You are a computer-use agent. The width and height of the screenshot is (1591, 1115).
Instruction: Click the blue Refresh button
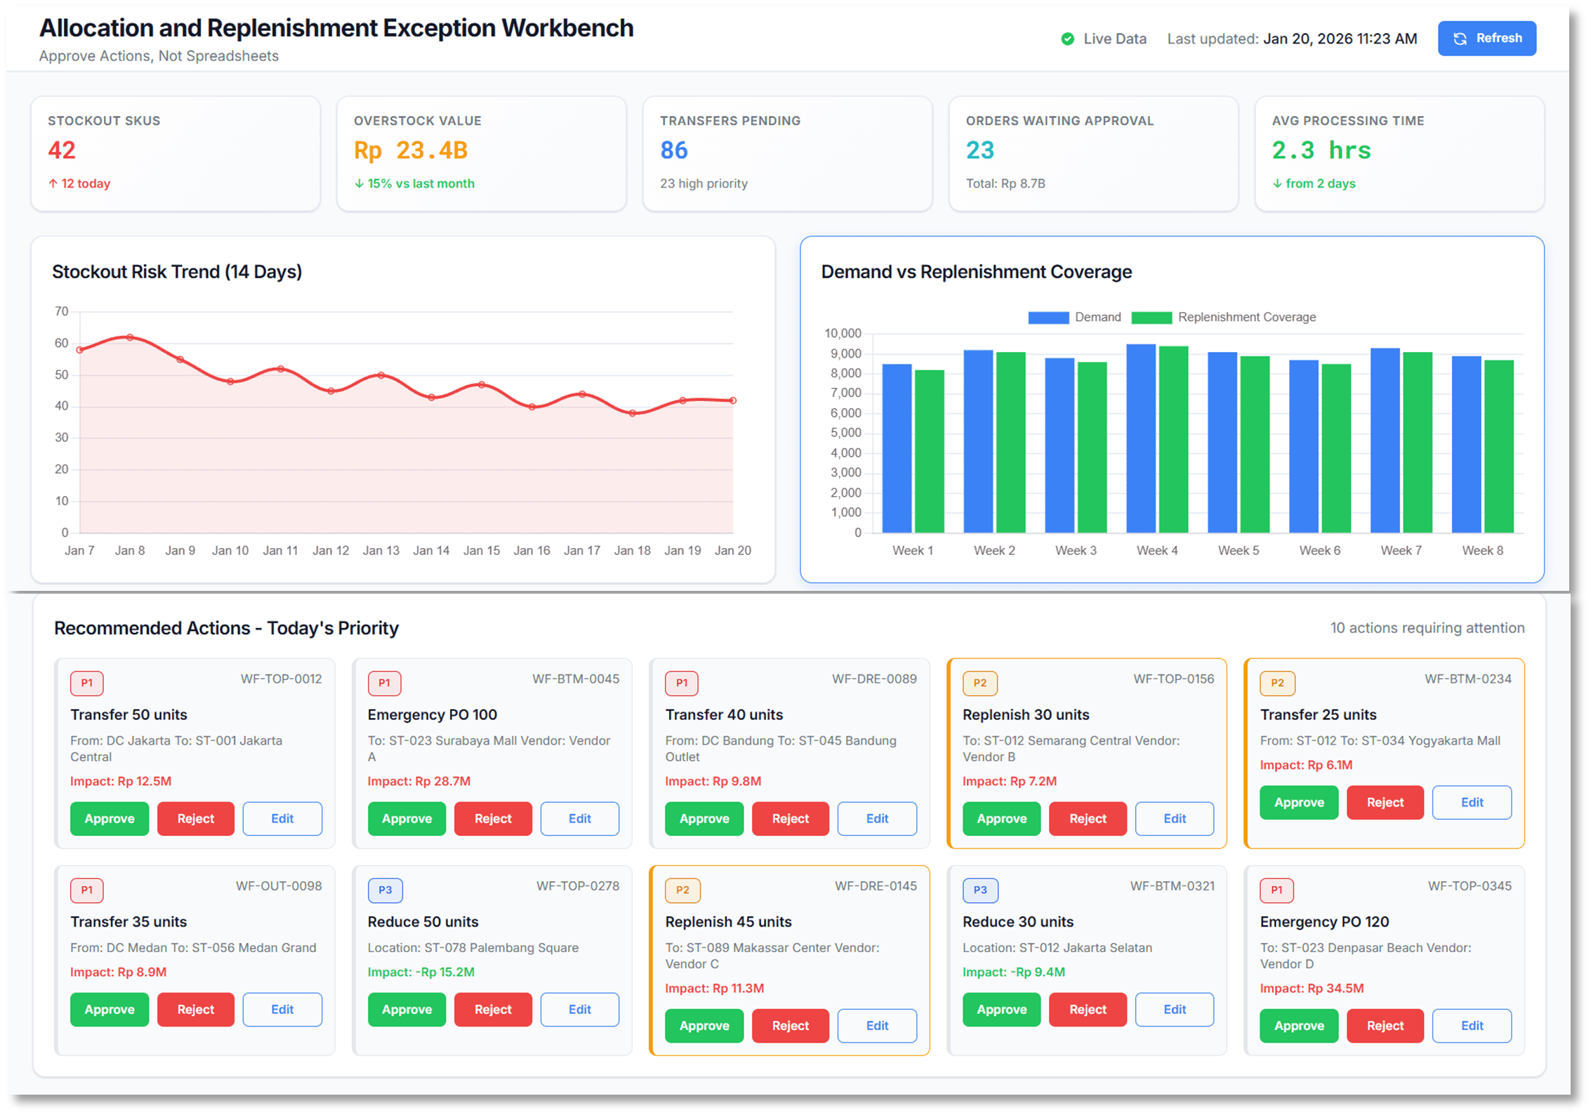click(x=1486, y=39)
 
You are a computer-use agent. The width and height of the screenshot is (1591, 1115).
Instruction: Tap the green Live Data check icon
click(x=1067, y=39)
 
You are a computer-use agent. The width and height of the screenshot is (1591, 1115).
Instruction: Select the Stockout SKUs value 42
click(x=62, y=150)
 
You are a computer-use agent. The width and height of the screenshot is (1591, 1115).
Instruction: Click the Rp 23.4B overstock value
click(x=411, y=150)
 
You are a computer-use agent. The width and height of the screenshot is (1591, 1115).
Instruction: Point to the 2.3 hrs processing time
click(x=1321, y=150)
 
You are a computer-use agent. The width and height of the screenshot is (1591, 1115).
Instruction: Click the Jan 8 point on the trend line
click(x=130, y=338)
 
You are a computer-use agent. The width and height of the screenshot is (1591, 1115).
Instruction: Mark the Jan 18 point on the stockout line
click(x=633, y=413)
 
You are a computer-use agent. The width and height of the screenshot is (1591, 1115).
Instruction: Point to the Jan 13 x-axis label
click(x=381, y=551)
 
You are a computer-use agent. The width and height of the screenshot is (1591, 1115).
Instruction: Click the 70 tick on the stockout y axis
click(x=62, y=311)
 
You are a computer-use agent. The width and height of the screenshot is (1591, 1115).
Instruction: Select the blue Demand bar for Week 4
click(x=1141, y=438)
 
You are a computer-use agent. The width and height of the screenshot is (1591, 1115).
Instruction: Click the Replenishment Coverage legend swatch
click(x=1151, y=318)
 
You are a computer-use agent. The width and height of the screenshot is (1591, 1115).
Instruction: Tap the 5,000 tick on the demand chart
click(x=845, y=433)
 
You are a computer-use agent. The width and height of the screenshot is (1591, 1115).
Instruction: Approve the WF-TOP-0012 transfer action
click(x=110, y=819)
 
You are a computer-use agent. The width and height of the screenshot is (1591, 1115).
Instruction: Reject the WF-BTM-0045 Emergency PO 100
click(x=493, y=819)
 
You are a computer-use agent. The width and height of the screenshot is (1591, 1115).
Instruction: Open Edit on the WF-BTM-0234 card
click(x=1472, y=802)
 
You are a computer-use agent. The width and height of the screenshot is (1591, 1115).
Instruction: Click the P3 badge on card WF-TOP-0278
click(x=385, y=890)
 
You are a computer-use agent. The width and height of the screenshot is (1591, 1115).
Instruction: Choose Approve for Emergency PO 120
click(x=1299, y=1026)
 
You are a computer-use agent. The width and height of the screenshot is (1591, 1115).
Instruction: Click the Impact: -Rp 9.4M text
click(x=1013, y=972)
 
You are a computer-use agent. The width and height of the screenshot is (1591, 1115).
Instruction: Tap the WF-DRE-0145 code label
click(x=876, y=887)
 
